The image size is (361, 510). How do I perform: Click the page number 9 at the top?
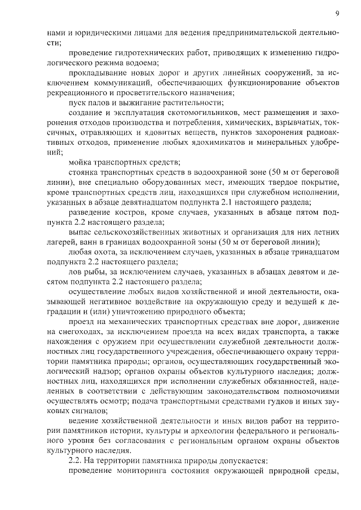(x=337, y=13)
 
